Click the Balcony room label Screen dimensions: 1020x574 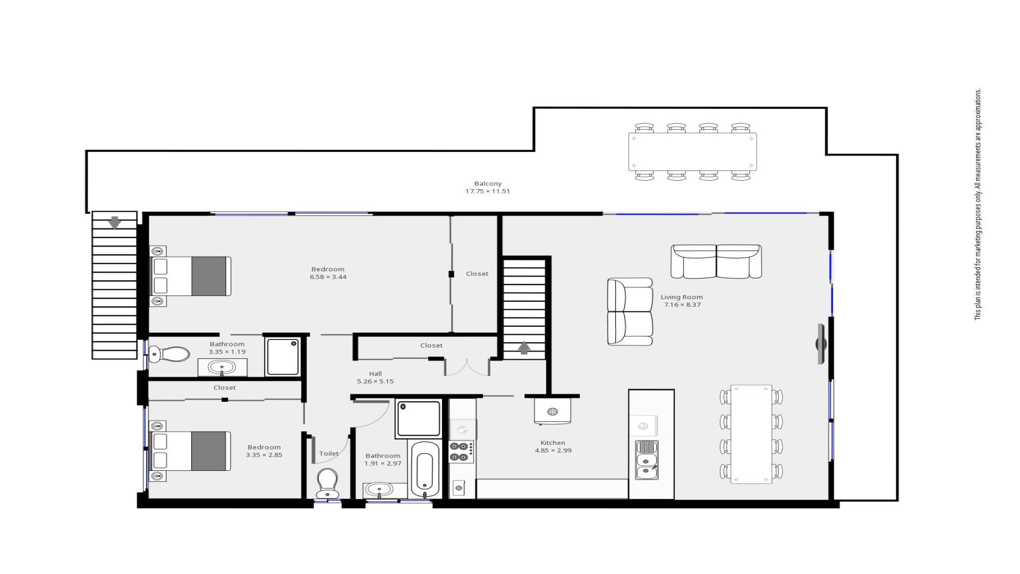coord(488,183)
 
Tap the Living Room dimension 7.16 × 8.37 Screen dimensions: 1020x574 coord(682,305)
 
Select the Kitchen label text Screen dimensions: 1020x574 coord(552,443)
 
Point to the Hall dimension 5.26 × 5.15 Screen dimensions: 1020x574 coord(375,381)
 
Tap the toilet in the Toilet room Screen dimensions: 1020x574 coord(327,483)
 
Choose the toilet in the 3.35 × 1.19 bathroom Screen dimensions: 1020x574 coord(169,353)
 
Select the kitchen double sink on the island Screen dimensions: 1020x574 coord(647,460)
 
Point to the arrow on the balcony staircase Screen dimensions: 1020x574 coord(115,222)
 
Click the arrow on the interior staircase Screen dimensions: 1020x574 coord(524,348)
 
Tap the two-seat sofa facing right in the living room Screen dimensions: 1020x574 coord(630,311)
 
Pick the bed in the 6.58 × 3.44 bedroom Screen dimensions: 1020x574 coord(191,276)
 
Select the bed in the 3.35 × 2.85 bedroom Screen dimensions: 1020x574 coord(191,451)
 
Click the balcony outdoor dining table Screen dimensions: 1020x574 coord(692,151)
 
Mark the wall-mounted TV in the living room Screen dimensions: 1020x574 coord(821,344)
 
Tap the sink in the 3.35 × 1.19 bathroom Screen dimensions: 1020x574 coord(222,367)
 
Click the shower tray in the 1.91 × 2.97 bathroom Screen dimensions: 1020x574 coord(418,419)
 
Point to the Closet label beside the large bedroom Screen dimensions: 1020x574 coord(477,274)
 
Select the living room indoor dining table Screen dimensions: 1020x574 coord(751,434)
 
